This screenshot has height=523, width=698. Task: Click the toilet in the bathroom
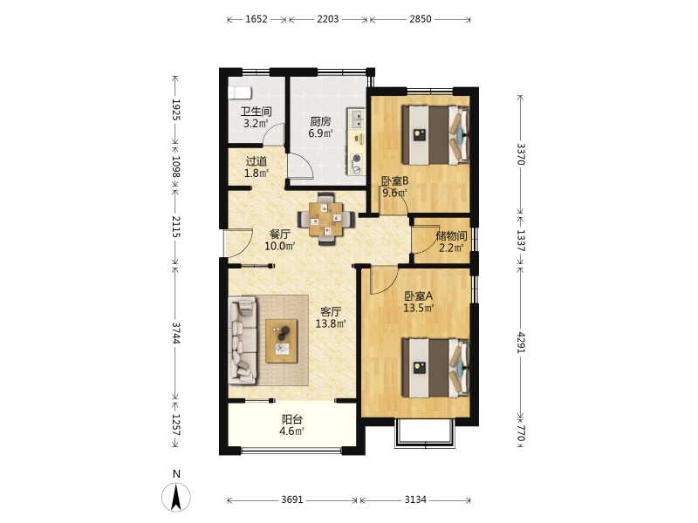239,93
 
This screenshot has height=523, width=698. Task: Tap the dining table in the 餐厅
326,219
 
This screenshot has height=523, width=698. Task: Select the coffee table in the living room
282,341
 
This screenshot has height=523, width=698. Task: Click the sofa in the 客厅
243,340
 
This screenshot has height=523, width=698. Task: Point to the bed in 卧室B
435,135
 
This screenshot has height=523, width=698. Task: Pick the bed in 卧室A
435,368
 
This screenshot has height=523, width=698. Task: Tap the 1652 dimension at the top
257,19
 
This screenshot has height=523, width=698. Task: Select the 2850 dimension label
421,19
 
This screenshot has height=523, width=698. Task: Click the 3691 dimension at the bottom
292,499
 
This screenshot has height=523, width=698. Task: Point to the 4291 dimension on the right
520,342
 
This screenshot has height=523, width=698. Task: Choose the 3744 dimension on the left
176,332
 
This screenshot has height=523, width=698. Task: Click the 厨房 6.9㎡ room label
320,126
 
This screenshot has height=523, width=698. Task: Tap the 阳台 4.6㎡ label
292,425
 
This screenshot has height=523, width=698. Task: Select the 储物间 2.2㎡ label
451,241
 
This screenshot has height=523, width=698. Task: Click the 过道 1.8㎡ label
257,166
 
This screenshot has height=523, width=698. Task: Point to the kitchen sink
357,119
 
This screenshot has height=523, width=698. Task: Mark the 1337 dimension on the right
520,241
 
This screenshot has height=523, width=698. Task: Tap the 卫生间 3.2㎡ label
256,118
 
